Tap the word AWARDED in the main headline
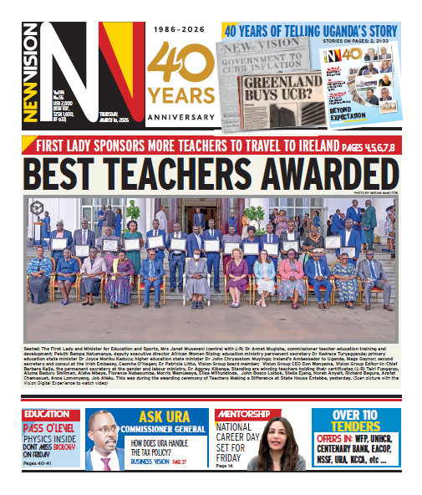click(330, 175)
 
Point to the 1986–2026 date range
click(180, 31)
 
